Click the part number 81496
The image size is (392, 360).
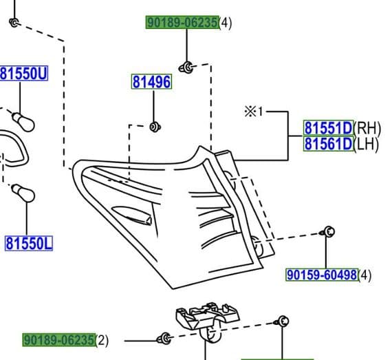[151, 83]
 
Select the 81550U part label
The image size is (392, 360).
[24, 74]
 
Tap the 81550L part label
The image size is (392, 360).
[29, 244]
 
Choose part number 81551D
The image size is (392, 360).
[328, 128]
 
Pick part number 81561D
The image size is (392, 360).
[328, 144]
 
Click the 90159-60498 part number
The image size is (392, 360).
[322, 275]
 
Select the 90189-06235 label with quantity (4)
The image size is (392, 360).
[182, 23]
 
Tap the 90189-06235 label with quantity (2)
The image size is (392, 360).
[58, 340]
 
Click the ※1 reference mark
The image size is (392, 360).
[254, 112]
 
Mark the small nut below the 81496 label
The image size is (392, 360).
[154, 127]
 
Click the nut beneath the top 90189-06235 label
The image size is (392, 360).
[186, 67]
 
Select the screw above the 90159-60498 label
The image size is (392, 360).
[328, 232]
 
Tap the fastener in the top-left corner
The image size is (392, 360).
[14, 23]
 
